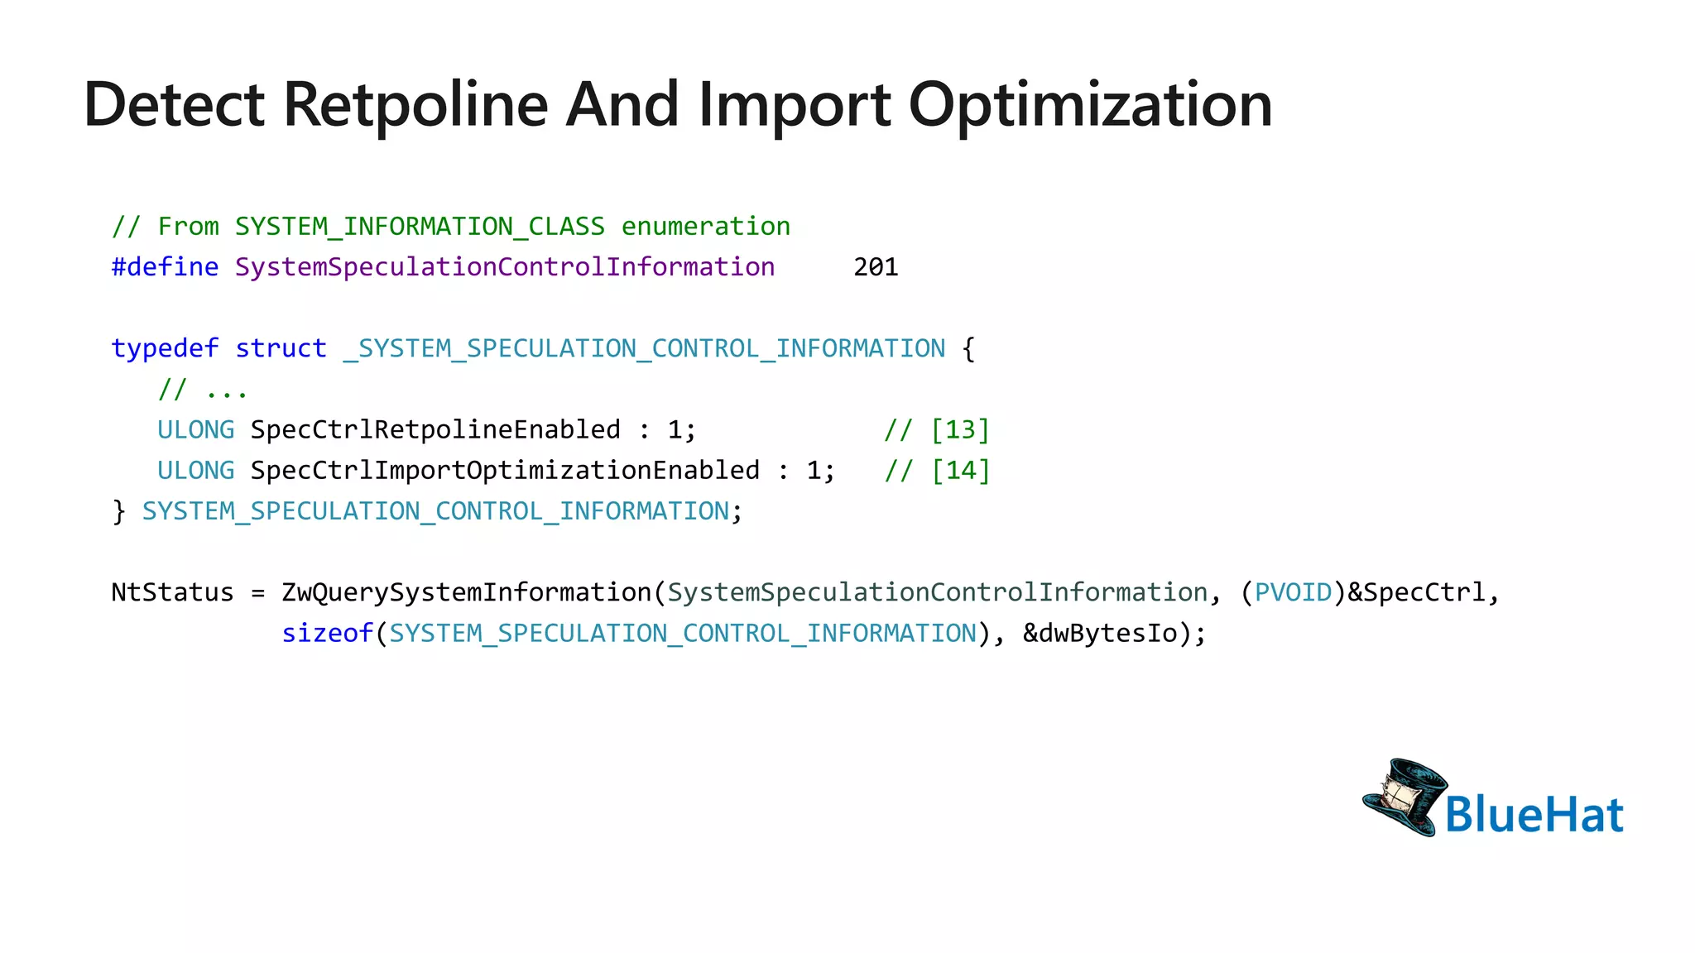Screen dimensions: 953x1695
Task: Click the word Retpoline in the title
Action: coord(415,105)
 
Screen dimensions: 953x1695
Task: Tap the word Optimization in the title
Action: coord(1090,105)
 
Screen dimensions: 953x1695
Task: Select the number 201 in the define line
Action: coord(876,267)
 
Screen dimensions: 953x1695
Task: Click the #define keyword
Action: coord(165,267)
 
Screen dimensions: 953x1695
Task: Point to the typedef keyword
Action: coord(165,348)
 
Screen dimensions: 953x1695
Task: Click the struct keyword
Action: coord(281,348)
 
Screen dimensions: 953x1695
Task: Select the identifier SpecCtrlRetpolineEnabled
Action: coord(435,429)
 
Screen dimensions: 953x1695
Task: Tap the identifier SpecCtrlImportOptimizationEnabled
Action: coord(505,470)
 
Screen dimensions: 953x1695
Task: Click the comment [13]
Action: coord(960,429)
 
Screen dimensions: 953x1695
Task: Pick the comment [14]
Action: coord(960,470)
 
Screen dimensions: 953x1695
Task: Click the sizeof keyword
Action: coord(327,634)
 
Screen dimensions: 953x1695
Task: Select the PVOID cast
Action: coord(1293,592)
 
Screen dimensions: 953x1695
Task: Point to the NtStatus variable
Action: coord(172,592)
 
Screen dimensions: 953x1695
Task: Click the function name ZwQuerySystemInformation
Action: coord(466,592)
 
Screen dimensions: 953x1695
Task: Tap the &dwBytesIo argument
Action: coord(1100,634)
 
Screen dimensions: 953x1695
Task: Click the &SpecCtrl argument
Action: coord(1416,592)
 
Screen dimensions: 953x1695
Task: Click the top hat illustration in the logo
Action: coord(1404,796)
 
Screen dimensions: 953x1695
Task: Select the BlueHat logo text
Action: coord(1534,814)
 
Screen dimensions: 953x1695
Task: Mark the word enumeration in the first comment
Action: coord(705,227)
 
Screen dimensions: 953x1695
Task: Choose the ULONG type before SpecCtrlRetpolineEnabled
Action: coord(195,429)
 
